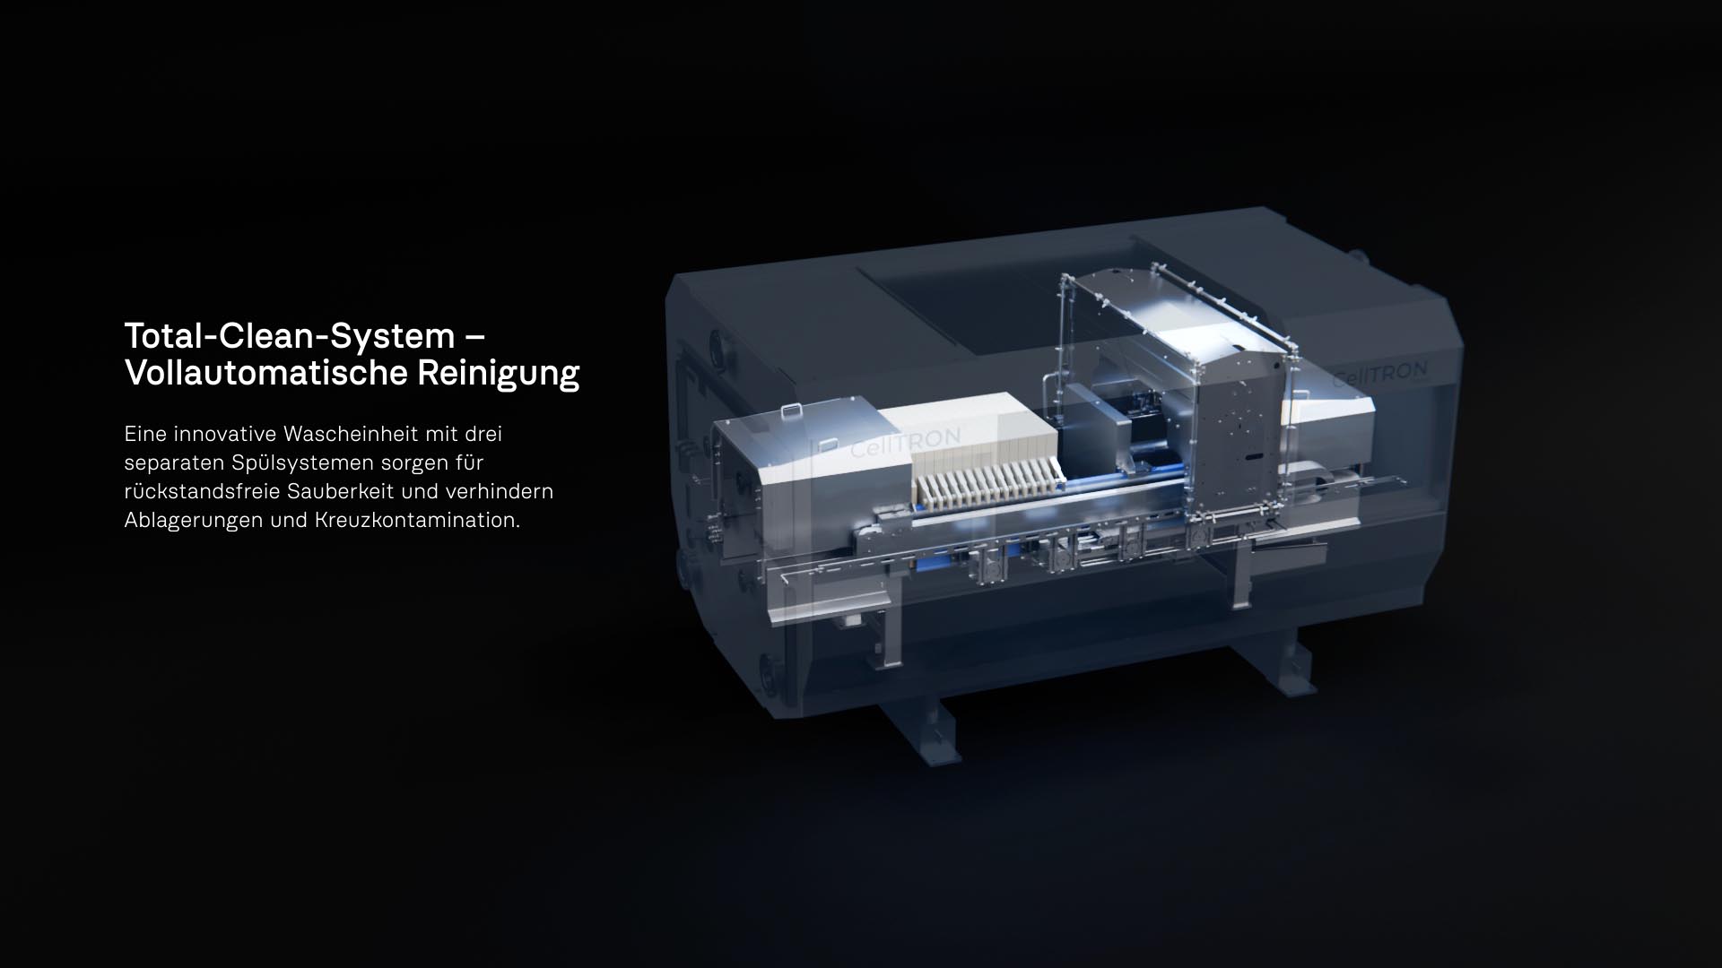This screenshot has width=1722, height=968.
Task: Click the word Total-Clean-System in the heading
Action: (x=290, y=336)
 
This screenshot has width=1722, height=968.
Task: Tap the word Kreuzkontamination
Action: (x=417, y=521)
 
